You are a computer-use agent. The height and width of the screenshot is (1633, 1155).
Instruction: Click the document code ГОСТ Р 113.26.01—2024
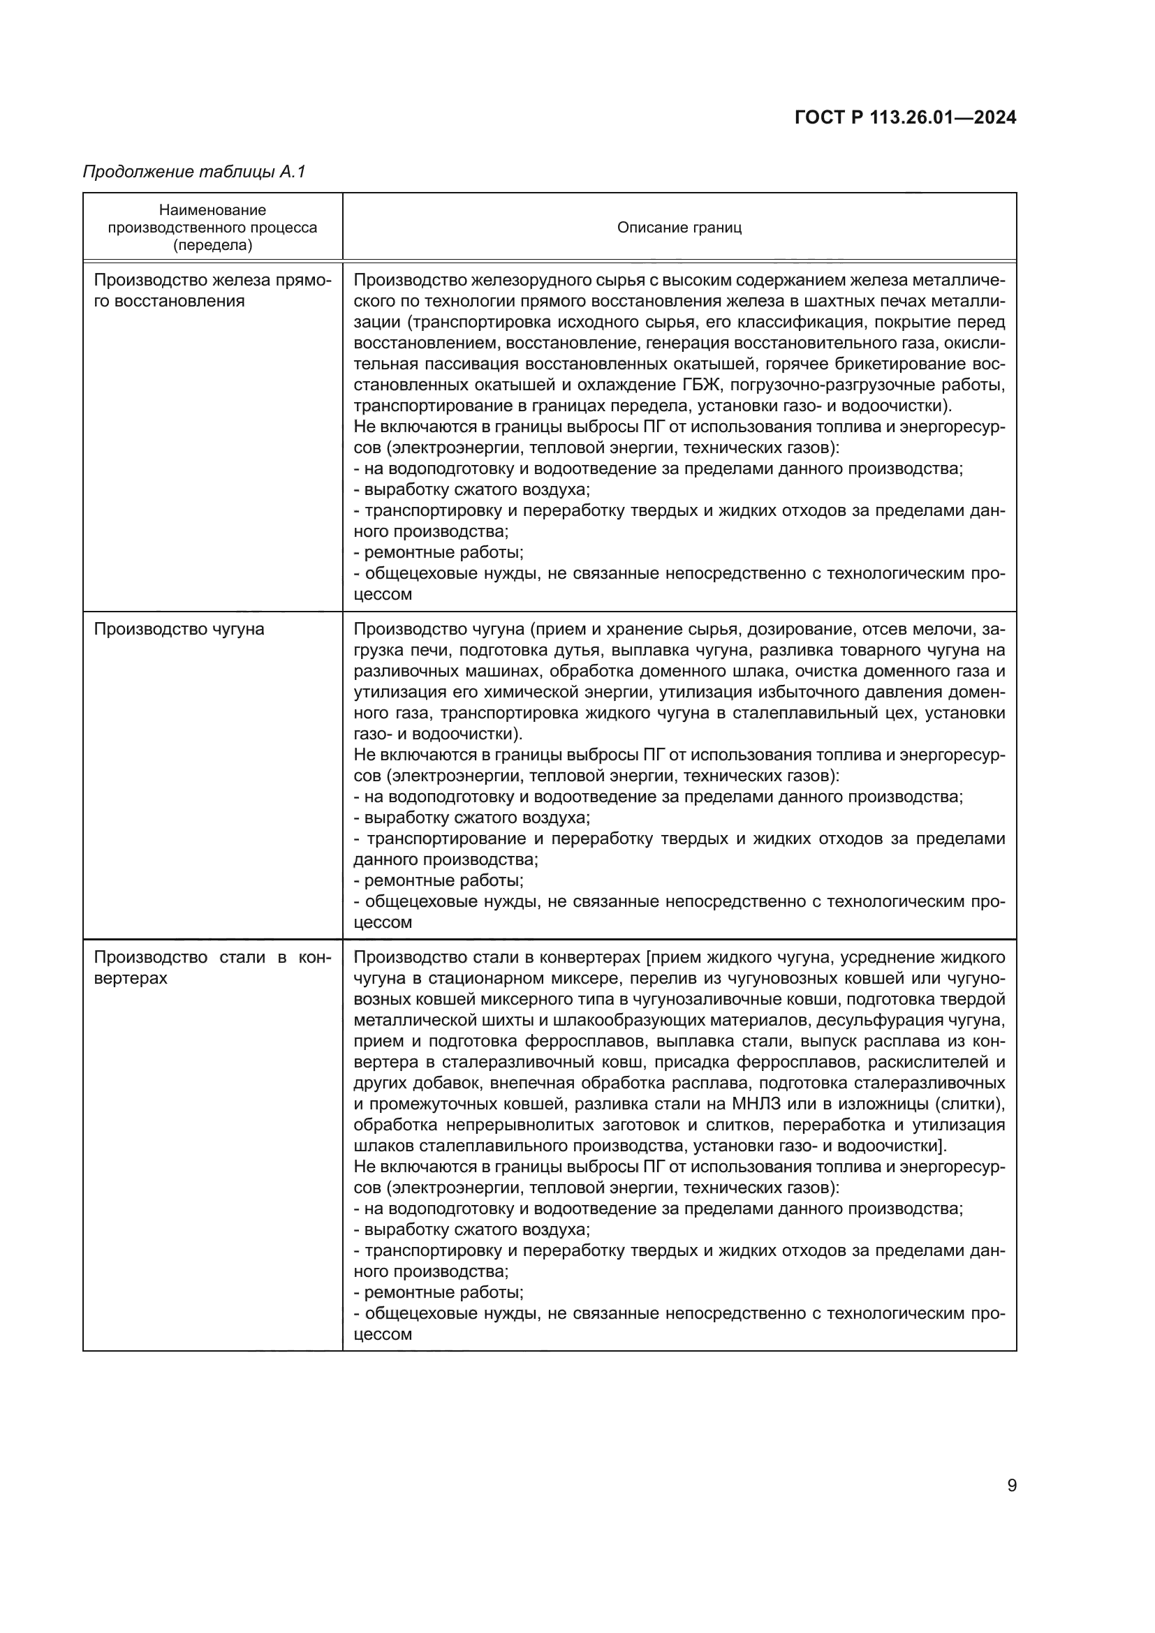906,117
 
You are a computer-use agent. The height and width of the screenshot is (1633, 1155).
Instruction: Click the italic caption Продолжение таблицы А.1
194,172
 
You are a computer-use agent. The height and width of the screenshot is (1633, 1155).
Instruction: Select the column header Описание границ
679,228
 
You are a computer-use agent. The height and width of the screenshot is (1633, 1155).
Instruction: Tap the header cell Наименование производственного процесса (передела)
213,228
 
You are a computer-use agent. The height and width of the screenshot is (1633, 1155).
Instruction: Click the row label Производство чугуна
179,630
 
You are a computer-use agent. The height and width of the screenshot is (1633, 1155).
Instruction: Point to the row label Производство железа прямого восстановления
213,290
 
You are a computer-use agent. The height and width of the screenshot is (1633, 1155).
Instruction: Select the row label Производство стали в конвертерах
213,967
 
